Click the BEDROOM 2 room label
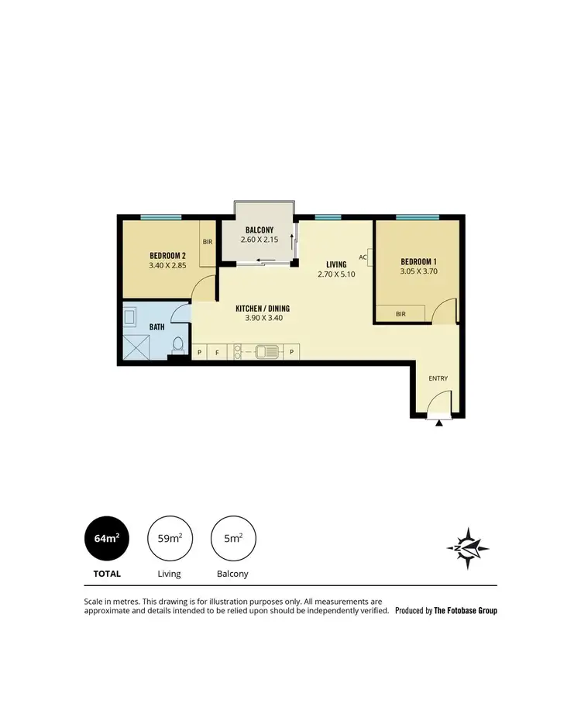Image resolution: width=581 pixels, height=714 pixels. tap(167, 255)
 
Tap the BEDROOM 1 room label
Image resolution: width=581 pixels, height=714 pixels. tap(418, 260)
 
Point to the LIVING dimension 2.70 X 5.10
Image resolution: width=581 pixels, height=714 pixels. tap(335, 274)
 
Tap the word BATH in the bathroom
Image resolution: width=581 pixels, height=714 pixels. tap(157, 327)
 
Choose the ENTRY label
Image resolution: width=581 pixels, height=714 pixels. tap(438, 378)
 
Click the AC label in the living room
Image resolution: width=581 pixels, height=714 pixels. tap(363, 257)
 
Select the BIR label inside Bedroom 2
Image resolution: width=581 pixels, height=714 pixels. tap(208, 242)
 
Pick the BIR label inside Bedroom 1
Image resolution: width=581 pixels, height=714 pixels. tap(401, 314)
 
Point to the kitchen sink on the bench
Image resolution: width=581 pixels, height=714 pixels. tap(268, 353)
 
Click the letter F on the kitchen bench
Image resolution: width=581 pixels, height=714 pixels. tap(218, 353)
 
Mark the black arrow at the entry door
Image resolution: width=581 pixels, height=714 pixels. tap(439, 423)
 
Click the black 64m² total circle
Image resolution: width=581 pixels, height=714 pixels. tap(106, 537)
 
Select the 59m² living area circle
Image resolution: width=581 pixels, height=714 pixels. tap(170, 537)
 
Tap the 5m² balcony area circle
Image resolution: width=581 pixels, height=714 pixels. tap(233, 537)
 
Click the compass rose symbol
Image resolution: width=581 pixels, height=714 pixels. tap(468, 547)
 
